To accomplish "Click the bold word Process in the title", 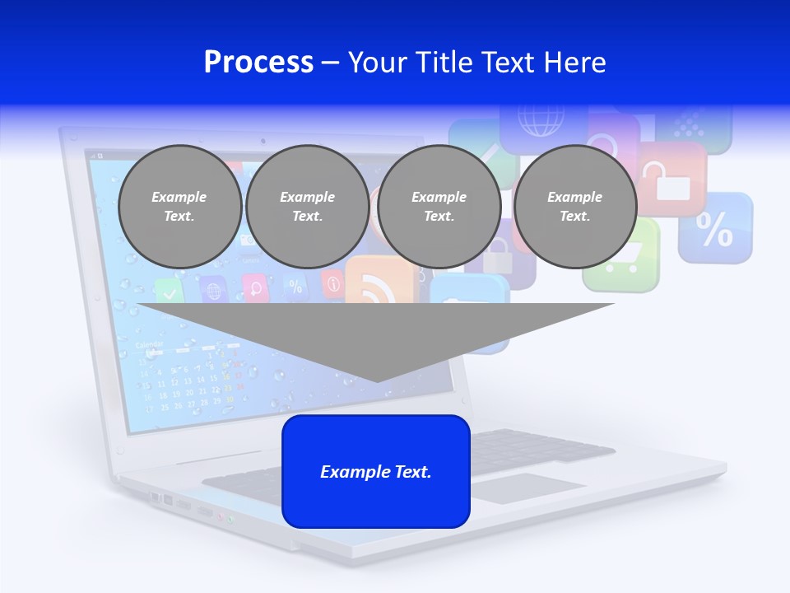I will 258,63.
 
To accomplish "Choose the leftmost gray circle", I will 179,206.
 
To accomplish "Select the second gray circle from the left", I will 307,206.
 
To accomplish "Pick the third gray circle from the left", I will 439,206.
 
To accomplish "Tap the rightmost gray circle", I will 574,206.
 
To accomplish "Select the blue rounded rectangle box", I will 376,470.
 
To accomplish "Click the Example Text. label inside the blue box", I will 376,472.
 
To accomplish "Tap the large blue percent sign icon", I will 714,229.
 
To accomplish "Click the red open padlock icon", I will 671,180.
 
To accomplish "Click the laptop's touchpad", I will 527,488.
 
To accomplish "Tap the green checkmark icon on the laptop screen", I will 169,290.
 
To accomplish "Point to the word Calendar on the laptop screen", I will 149,344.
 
